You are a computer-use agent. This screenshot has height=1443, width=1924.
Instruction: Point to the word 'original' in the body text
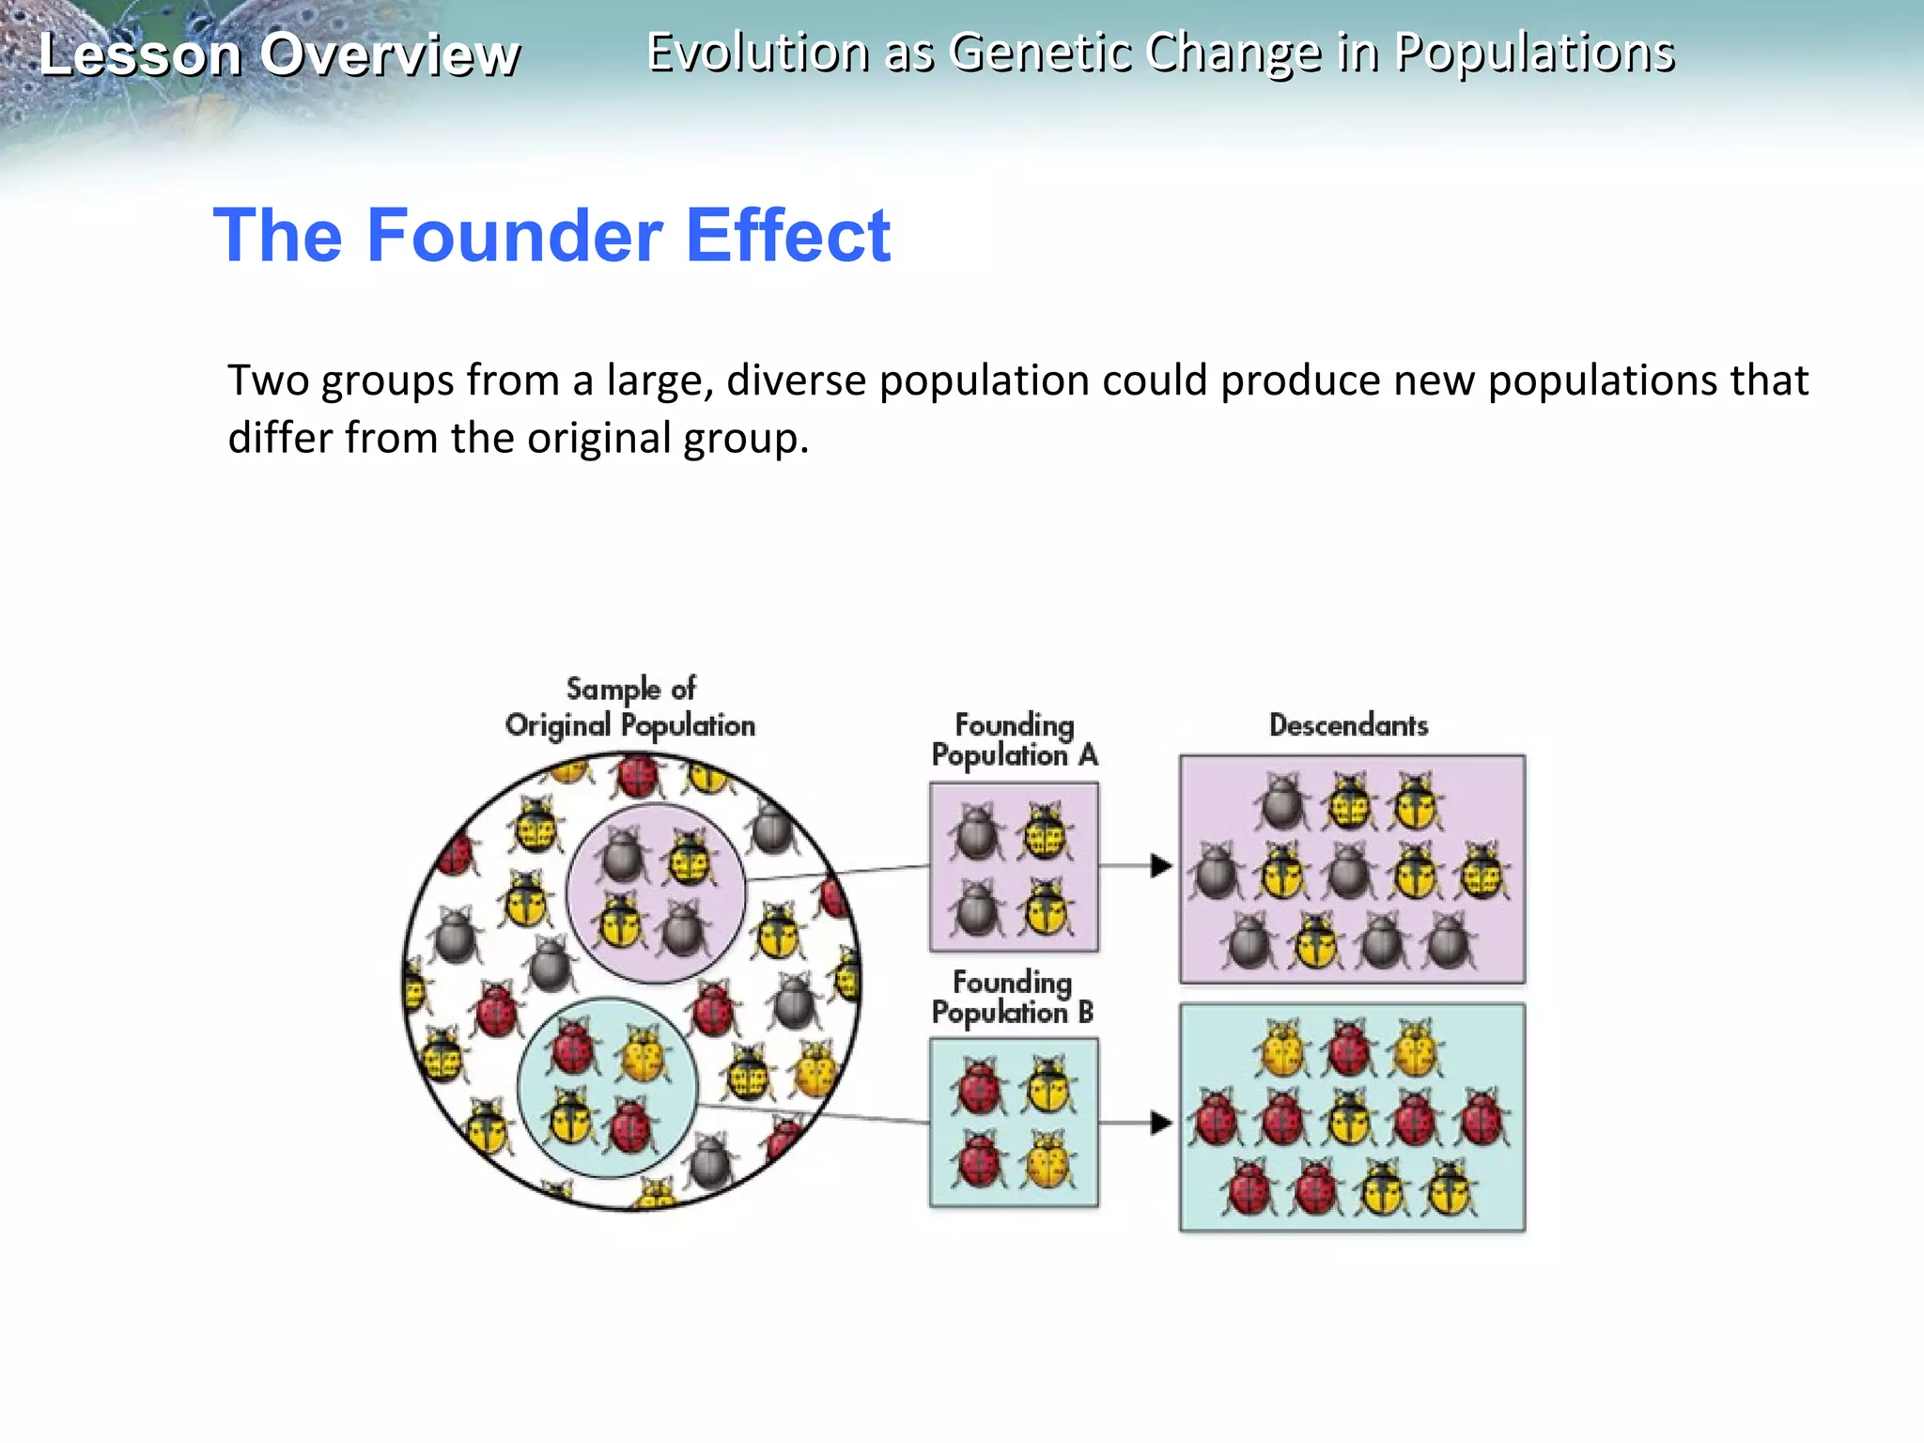[598, 439]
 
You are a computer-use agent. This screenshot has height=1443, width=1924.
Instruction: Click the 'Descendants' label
[1348, 725]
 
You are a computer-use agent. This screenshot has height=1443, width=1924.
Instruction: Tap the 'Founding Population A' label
[1014, 740]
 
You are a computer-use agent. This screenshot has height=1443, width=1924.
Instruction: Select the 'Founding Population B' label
[1012, 997]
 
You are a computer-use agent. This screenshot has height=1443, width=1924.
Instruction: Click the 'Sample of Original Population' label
[630, 706]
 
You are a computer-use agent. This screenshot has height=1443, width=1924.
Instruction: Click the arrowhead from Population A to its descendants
[1161, 865]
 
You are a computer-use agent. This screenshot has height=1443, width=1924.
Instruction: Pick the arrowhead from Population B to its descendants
[1161, 1122]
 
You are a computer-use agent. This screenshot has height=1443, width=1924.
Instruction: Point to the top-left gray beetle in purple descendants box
[1282, 802]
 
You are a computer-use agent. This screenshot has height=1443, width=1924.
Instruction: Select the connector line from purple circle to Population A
[836, 873]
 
